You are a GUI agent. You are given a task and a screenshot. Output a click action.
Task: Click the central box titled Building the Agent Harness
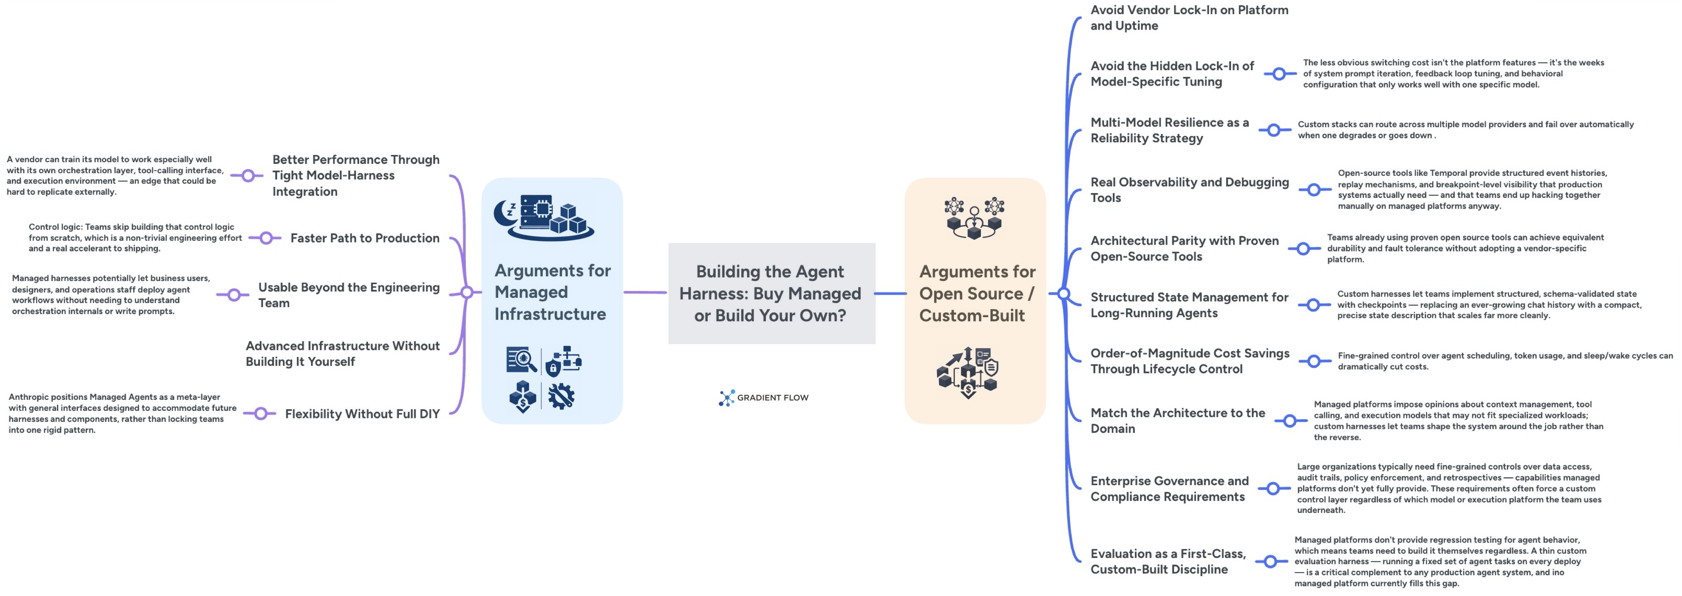(771, 293)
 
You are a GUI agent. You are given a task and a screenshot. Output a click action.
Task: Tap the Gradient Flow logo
(763, 397)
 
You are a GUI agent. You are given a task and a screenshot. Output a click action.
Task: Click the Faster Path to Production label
(364, 238)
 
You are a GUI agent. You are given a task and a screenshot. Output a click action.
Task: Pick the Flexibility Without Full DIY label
(362, 414)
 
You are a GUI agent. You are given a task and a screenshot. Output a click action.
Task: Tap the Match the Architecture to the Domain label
(1177, 420)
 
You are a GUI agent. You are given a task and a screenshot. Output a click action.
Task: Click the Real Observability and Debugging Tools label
(1189, 190)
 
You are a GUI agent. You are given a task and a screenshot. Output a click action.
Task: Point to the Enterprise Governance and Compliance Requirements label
(1169, 488)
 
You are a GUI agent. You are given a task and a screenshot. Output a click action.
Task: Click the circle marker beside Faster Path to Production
(266, 238)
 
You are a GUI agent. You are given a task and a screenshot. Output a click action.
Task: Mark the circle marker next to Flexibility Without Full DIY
(260, 414)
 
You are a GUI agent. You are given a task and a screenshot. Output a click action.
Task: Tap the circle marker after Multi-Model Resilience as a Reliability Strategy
(1273, 130)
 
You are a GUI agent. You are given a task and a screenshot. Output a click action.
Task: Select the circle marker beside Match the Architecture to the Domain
(1290, 421)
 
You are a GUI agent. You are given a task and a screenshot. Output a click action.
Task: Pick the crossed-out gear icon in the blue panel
(561, 396)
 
